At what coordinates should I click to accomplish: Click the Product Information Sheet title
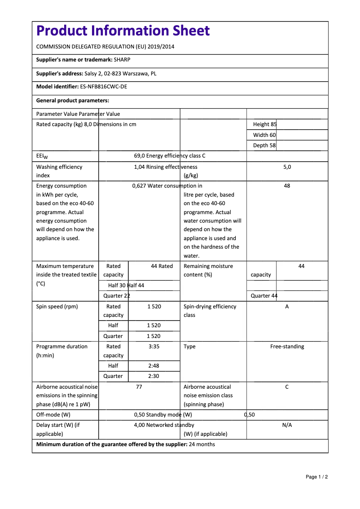pos(123,31)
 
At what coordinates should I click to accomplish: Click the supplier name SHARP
pos(122,60)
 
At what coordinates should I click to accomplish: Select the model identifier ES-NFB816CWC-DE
pos(103,87)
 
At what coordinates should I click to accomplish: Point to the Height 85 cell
pos(265,124)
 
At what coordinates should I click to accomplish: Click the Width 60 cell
pos(264,135)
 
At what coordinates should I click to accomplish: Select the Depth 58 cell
pos(264,145)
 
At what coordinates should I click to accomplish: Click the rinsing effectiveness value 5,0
pos(287,167)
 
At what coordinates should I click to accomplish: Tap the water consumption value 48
pos(287,186)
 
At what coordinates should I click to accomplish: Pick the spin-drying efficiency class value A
pos(287,307)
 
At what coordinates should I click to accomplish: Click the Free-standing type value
pos(287,347)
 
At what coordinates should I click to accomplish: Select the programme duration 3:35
pos(154,347)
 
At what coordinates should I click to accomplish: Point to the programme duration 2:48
pos(154,366)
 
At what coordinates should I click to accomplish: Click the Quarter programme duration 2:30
pos(154,376)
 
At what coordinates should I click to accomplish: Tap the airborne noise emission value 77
pos(139,387)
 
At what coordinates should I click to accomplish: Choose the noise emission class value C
pos(287,387)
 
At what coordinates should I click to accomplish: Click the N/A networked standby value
pos(287,425)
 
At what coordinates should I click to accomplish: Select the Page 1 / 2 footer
pos(316,477)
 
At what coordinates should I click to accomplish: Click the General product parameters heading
pos(73,101)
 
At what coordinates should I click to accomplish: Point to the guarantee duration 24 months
pos(202,444)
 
